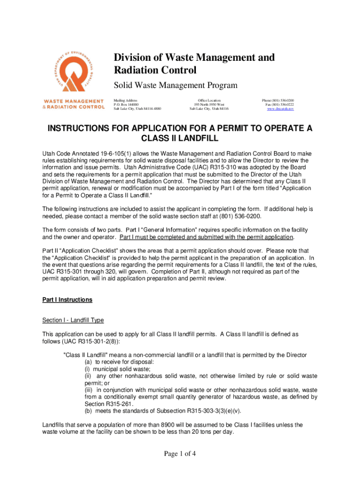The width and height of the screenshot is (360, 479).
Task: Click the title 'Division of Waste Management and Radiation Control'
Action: (194, 64)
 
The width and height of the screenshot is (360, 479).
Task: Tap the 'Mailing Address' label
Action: (126, 101)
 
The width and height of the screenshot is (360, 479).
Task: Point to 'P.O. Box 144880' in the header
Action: (127, 105)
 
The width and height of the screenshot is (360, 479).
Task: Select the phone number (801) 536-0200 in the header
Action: (278, 101)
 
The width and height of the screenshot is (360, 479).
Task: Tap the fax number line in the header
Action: (279, 105)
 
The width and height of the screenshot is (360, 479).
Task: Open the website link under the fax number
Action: (280, 109)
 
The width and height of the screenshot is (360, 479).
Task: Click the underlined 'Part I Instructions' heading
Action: (67, 300)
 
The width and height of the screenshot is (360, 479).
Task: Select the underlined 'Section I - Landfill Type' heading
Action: (73, 320)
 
